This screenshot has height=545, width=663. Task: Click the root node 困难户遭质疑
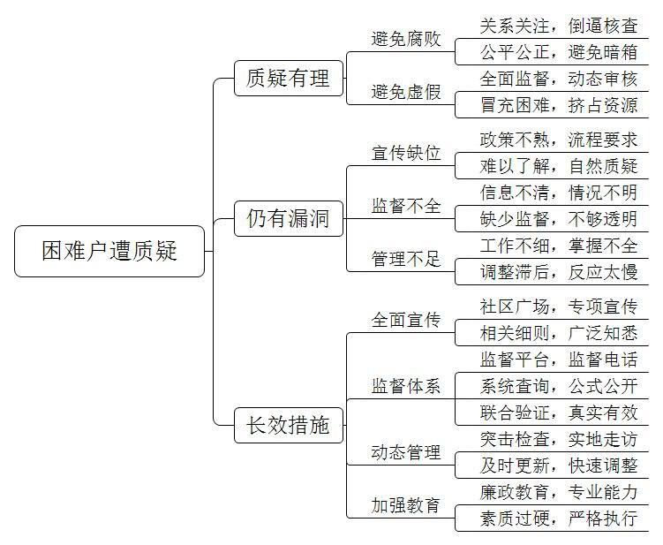click(x=109, y=252)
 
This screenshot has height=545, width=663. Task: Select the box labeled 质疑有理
click(x=289, y=79)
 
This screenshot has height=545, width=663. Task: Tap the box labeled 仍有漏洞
click(x=289, y=219)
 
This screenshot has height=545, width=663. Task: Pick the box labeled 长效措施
click(x=289, y=425)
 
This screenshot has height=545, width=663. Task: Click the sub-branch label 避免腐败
click(x=406, y=39)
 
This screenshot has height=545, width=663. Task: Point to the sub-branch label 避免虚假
click(x=406, y=92)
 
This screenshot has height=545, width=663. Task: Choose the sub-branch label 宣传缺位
click(x=406, y=153)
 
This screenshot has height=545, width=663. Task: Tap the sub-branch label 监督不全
click(x=406, y=206)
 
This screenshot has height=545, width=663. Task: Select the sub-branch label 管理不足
click(x=406, y=259)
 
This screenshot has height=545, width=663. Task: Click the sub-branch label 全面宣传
click(x=406, y=320)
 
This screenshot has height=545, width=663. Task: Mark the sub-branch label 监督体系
click(x=406, y=386)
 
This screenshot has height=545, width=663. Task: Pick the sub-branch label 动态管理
click(x=406, y=452)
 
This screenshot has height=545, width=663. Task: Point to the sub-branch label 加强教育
click(x=406, y=505)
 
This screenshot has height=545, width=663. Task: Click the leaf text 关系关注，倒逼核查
click(x=559, y=26)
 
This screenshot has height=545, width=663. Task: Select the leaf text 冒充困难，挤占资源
click(x=559, y=105)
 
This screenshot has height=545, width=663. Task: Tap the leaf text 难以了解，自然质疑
click(x=559, y=166)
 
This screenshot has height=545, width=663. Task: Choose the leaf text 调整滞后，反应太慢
click(x=559, y=272)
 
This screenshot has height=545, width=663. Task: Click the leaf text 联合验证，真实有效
click(x=559, y=413)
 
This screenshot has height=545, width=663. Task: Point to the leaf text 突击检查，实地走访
click(x=559, y=439)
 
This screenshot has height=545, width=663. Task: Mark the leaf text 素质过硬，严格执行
click(x=559, y=519)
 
